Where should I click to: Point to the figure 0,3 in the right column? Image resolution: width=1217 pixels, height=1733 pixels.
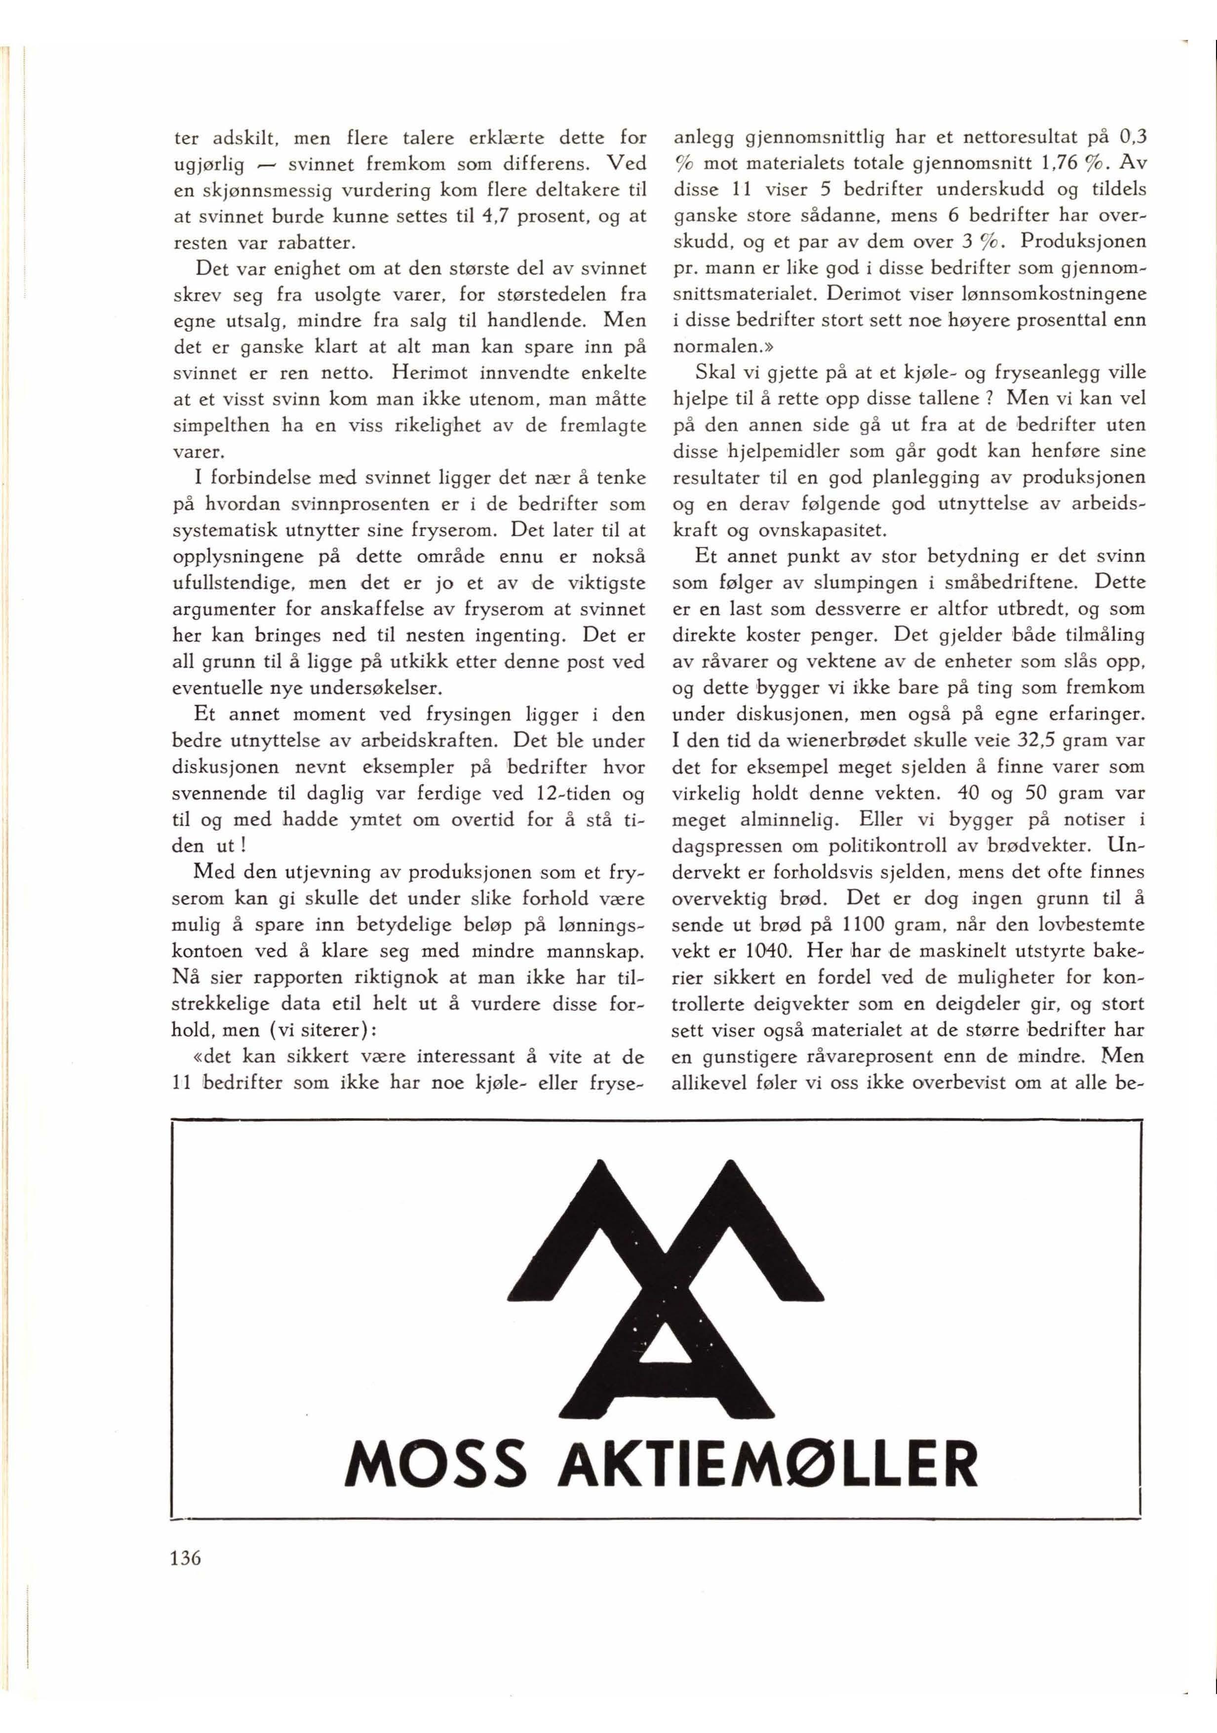tap(1131, 138)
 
